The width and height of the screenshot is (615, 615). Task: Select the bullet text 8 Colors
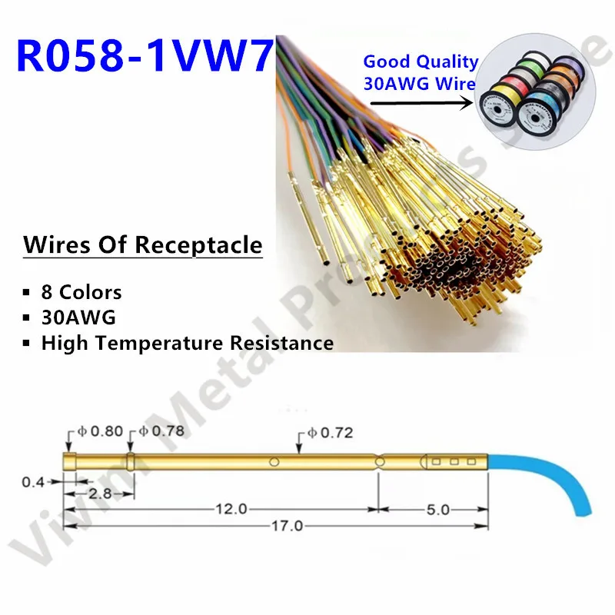[x=81, y=293]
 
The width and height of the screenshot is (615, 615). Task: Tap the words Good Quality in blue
[x=420, y=61]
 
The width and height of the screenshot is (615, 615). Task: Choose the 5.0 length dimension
[x=434, y=509]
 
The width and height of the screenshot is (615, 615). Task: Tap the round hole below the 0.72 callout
[x=274, y=462]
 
